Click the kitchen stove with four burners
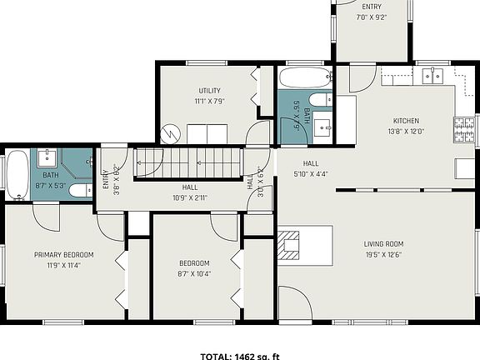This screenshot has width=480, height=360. (463, 127)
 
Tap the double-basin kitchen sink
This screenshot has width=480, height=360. (431, 77)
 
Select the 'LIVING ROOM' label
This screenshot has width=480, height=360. (383, 244)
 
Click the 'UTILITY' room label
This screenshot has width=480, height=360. (208, 90)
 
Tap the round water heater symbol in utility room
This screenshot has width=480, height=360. (171, 132)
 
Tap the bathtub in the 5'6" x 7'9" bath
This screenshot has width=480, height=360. (304, 80)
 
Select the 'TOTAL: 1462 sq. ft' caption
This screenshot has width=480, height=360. (239, 356)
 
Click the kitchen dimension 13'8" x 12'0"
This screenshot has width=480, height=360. (406, 131)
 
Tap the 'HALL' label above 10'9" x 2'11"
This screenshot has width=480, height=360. (189, 187)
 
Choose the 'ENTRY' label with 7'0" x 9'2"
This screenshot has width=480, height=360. (371, 7)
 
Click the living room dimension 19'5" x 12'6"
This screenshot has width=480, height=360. (383, 255)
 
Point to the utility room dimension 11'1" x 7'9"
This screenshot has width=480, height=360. (208, 101)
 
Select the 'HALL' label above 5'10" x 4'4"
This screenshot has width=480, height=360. (310, 163)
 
